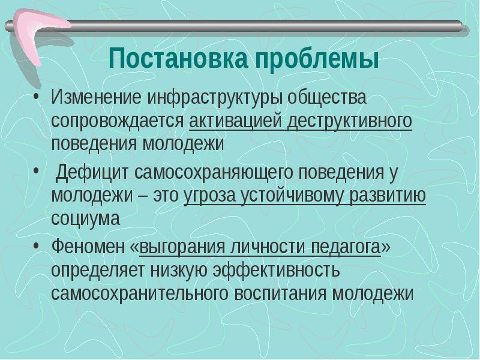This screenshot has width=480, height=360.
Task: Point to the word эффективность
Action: pyautogui.click(x=278, y=270)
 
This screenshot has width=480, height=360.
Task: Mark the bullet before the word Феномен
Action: pyautogui.click(x=38, y=247)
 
